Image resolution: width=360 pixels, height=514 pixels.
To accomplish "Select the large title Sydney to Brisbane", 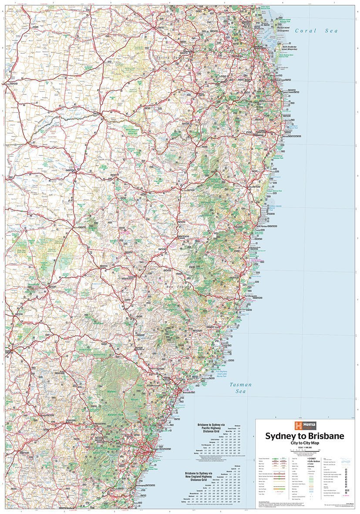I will (304, 436).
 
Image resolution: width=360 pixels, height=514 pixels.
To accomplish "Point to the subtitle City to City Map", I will (304, 443).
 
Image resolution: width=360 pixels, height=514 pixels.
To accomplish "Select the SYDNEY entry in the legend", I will (312, 459).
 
